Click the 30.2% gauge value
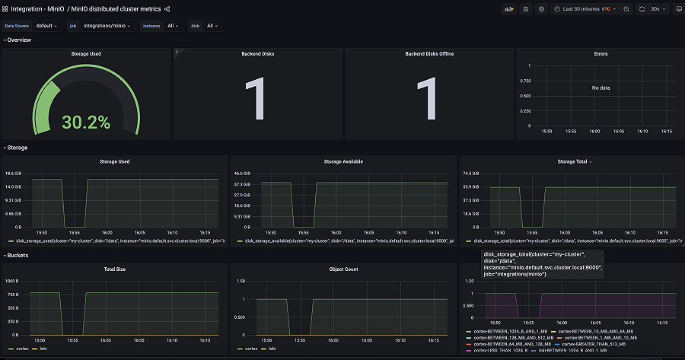click(x=86, y=122)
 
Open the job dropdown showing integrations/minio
click(x=107, y=25)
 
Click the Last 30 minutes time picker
click(x=586, y=8)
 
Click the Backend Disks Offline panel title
click(x=429, y=54)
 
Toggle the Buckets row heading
click(x=18, y=255)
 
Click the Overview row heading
click(x=19, y=40)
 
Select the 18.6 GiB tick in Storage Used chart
click(x=14, y=174)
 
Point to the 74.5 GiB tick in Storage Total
click(x=470, y=174)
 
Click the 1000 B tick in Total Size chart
click(x=13, y=280)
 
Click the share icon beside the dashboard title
click(x=167, y=8)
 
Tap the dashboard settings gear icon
click(x=541, y=8)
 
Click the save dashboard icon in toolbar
click(x=525, y=8)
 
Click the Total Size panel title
click(x=114, y=269)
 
